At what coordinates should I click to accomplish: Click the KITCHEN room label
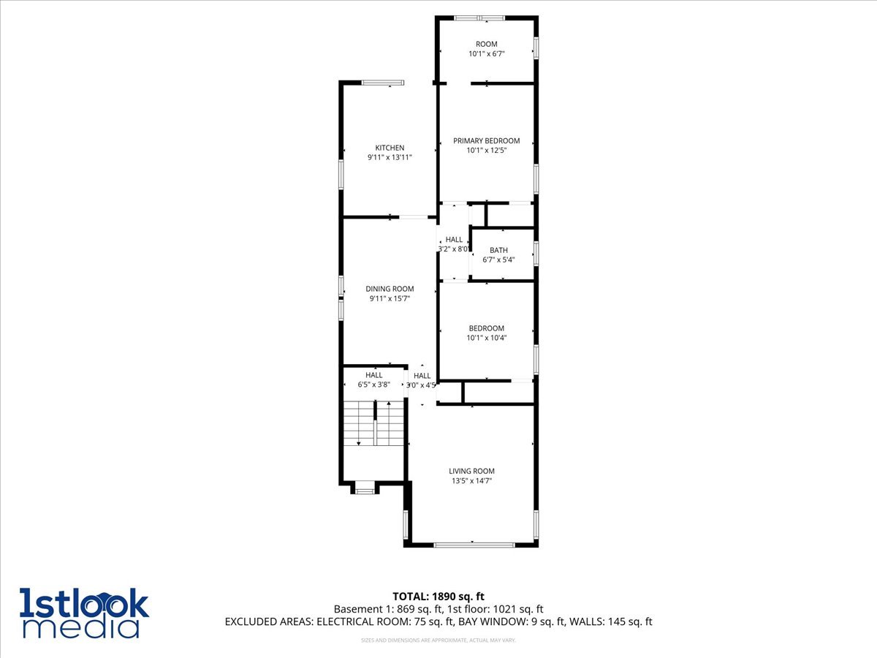(x=390, y=148)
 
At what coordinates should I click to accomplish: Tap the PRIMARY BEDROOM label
(x=486, y=140)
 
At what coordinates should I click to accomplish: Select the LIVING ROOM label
(x=471, y=471)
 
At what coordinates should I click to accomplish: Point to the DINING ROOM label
(x=390, y=289)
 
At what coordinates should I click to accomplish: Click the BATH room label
(x=498, y=250)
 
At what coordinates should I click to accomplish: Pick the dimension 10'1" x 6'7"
(x=486, y=53)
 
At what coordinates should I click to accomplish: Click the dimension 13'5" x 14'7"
(x=471, y=481)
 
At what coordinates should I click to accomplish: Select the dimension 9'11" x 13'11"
(x=390, y=157)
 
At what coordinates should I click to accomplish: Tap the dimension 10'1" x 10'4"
(x=486, y=338)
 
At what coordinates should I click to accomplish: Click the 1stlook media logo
(x=84, y=612)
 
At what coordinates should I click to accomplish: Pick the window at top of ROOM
(x=479, y=18)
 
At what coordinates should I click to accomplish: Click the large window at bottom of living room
(x=474, y=545)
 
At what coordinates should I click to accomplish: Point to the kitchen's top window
(x=383, y=83)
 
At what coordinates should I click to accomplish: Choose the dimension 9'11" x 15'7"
(x=390, y=298)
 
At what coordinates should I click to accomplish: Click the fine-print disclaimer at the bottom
(x=438, y=640)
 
